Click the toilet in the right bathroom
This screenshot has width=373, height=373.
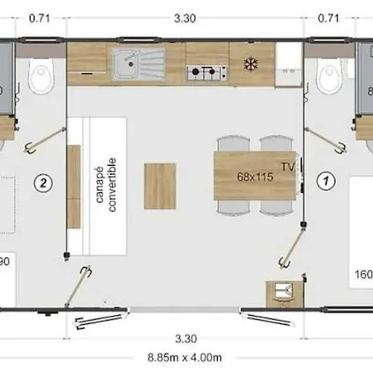[x=328, y=78]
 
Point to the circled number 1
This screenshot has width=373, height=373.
[x=327, y=178]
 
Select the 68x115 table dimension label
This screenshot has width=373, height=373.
[x=255, y=177]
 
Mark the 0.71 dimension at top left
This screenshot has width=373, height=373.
[x=41, y=15]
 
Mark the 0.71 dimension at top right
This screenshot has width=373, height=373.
[x=330, y=15]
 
